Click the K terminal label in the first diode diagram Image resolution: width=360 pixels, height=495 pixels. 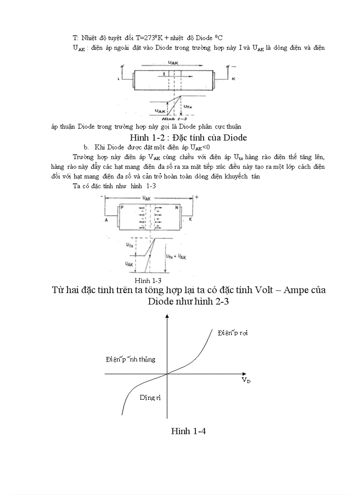coord(233,78)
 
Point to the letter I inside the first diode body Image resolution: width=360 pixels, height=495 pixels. coord(164,75)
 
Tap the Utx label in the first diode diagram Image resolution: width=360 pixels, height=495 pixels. coord(187,106)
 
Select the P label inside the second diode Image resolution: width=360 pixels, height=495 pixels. coord(122,207)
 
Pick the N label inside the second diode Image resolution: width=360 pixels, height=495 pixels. coord(177,207)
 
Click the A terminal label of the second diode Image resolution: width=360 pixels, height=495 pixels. coord(107,219)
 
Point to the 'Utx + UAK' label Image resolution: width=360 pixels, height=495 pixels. coord(176,256)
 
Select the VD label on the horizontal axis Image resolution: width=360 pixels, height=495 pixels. coord(246,380)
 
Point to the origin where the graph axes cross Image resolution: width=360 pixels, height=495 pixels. coord(167,374)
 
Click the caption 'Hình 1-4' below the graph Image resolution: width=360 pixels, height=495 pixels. coord(188,432)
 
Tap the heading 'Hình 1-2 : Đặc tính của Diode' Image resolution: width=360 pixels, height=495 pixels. coord(185,137)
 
